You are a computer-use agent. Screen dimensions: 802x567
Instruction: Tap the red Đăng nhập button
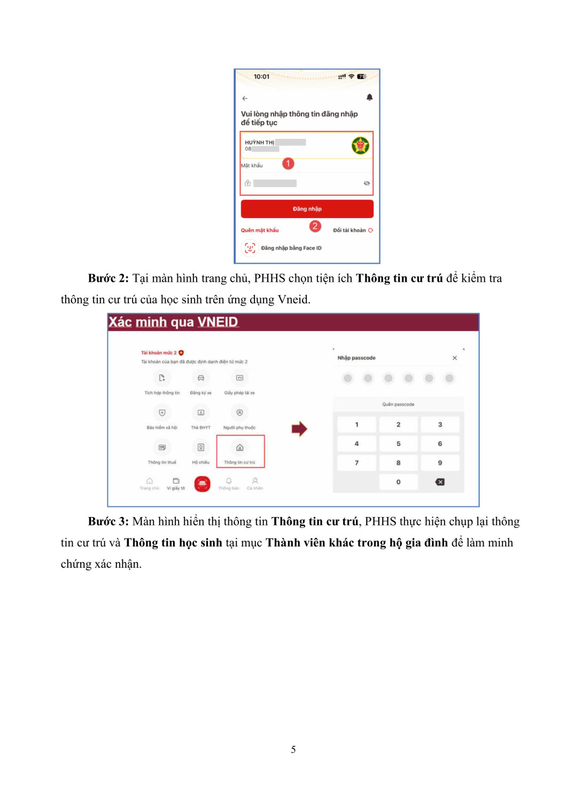(307, 209)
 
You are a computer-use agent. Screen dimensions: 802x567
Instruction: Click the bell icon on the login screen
(369, 97)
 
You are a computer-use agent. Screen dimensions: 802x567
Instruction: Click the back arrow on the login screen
(245, 98)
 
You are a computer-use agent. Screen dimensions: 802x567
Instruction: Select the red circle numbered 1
(288, 163)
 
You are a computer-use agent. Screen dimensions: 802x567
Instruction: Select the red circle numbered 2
(315, 226)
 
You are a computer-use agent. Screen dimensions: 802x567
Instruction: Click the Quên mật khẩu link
(260, 230)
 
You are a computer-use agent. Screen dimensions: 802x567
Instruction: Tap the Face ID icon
(250, 248)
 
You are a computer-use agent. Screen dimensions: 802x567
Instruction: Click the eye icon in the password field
(367, 183)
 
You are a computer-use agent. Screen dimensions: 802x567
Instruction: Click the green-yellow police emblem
(361, 145)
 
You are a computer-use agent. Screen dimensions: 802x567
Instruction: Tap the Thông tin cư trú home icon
(240, 448)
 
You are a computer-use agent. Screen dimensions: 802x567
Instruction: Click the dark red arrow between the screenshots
(299, 428)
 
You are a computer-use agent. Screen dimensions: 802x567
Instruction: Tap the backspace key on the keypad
(440, 482)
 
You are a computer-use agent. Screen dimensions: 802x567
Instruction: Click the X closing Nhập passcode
(455, 358)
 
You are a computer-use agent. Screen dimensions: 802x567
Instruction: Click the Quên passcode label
(398, 404)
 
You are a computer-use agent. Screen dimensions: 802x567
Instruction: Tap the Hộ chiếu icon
(201, 448)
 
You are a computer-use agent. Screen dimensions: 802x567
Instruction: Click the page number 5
(293, 750)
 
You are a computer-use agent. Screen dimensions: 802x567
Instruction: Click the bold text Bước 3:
(108, 521)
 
